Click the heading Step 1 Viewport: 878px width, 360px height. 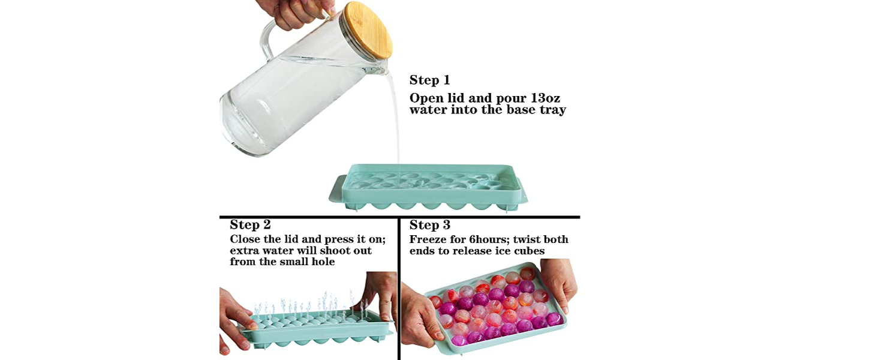(x=429, y=80)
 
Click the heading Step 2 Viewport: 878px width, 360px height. (x=250, y=225)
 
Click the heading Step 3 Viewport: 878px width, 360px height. (x=429, y=225)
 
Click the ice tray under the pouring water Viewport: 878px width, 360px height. (x=428, y=186)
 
